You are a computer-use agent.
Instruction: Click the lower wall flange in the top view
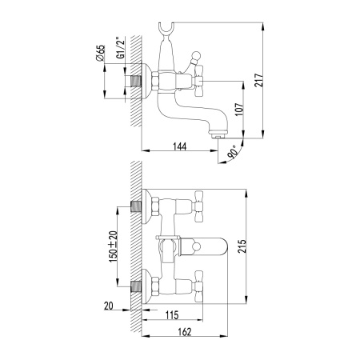point(146,285)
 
